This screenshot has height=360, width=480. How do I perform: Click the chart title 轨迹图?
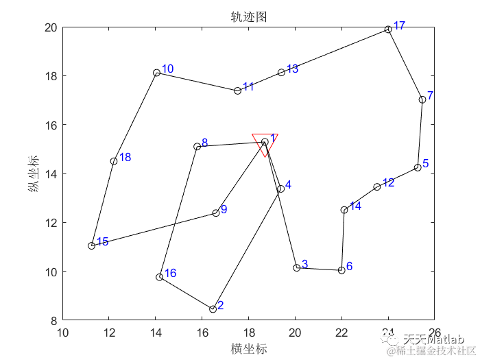click(248, 16)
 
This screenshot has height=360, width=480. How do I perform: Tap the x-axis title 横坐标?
click(248, 348)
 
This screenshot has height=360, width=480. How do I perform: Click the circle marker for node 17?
click(388, 29)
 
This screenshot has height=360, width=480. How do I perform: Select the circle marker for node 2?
click(213, 309)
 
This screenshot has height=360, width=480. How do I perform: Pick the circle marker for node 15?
click(91, 245)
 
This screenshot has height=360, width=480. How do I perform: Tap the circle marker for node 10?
click(157, 73)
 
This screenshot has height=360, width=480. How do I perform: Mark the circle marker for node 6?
click(341, 270)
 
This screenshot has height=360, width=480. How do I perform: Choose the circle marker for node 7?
click(422, 99)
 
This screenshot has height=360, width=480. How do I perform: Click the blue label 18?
click(125, 158)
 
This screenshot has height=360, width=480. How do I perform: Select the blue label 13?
click(292, 69)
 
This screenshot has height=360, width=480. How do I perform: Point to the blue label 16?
click(171, 273)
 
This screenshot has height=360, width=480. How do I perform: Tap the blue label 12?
click(388, 182)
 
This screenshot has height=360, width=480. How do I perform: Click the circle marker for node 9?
click(216, 213)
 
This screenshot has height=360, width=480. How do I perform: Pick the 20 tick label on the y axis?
click(51, 27)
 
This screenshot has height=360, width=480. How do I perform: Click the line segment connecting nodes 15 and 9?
click(154, 229)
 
